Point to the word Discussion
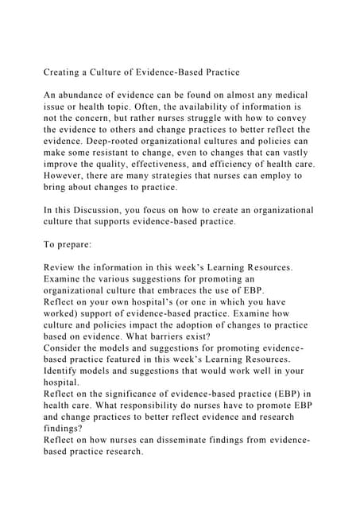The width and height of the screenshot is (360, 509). tap(113, 210)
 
